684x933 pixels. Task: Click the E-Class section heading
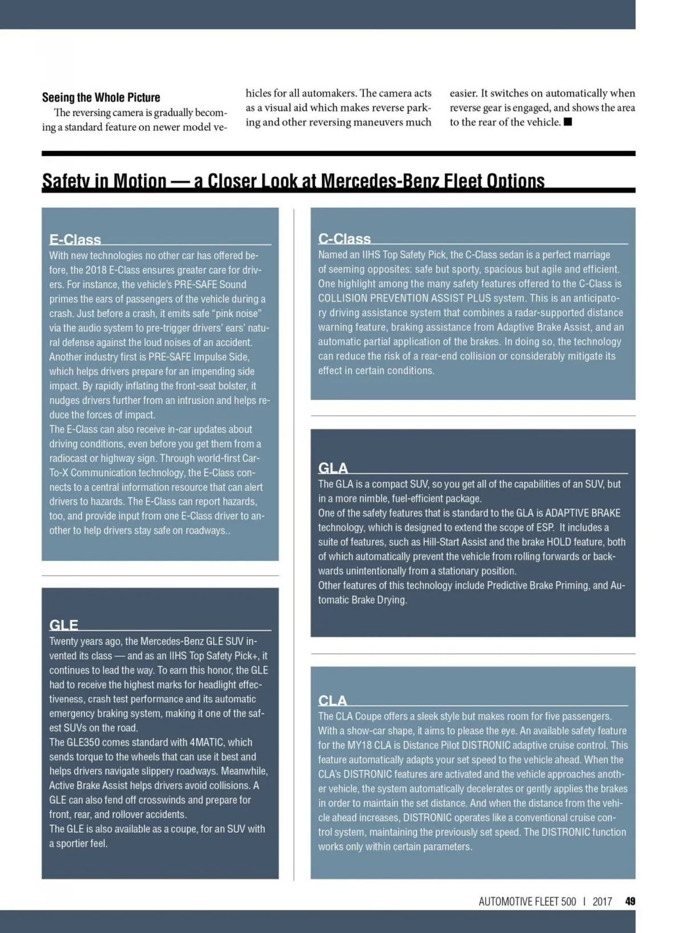(x=75, y=239)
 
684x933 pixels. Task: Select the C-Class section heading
(x=344, y=239)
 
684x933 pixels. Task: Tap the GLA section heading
(x=333, y=468)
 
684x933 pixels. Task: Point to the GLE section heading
(x=63, y=625)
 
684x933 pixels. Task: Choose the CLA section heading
(x=332, y=701)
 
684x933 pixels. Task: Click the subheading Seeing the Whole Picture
(x=101, y=97)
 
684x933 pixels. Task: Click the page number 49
(x=630, y=901)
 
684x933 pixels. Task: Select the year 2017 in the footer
(x=602, y=901)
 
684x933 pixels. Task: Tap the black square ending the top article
(x=568, y=122)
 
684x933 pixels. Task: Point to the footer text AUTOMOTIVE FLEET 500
(x=527, y=901)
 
